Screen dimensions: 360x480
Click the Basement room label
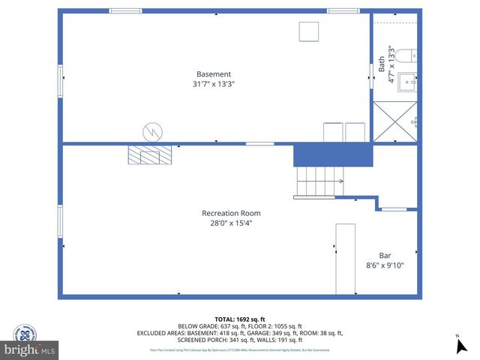[x=214, y=74]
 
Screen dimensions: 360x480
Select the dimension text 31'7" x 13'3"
[x=214, y=85]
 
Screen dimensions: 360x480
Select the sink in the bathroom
[x=406, y=82]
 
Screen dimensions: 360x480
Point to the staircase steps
[x=319, y=181]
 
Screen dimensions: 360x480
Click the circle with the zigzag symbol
[x=152, y=132]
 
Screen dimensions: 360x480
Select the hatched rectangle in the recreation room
[x=150, y=154]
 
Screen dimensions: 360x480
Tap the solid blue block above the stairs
[x=332, y=155]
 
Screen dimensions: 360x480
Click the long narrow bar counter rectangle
[x=345, y=259]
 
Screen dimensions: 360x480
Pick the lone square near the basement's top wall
[x=308, y=32]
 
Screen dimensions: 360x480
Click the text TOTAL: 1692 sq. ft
[x=239, y=318]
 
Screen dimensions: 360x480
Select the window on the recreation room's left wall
[x=60, y=221]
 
